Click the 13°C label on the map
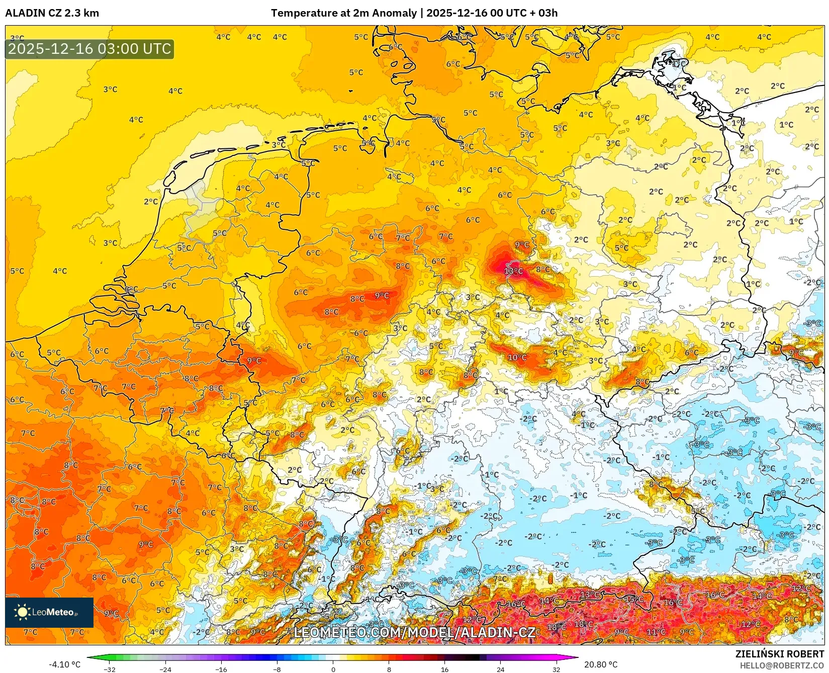[x=513, y=271]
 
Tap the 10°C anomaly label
[x=517, y=358]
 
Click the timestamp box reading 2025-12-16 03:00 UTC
[x=89, y=49]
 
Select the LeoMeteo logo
[x=49, y=612]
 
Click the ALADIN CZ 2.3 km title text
[x=52, y=13]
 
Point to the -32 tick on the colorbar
[x=110, y=669]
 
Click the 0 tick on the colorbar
[x=333, y=669]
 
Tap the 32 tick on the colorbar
[x=556, y=669]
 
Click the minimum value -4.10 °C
[x=64, y=664]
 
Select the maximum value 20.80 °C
[x=601, y=664]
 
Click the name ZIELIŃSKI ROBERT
[x=780, y=654]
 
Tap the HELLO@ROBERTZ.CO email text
[x=782, y=665]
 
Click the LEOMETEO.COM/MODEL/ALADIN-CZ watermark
[x=414, y=632]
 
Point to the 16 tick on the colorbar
[x=444, y=669]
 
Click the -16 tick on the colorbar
[x=221, y=669]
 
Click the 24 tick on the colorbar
[x=500, y=669]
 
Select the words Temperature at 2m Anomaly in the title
[x=344, y=13]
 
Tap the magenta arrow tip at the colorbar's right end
[x=575, y=657]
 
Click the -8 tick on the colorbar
[x=277, y=669]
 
